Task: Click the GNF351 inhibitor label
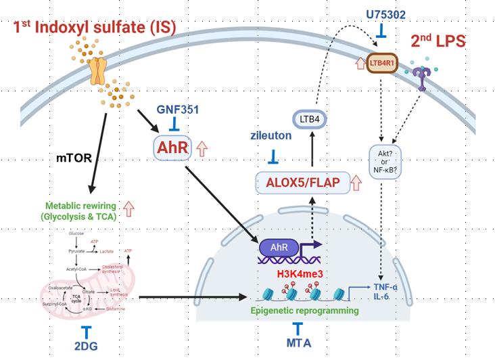(178, 109)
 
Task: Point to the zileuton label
(273, 135)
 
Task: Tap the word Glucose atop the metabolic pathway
(76, 233)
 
